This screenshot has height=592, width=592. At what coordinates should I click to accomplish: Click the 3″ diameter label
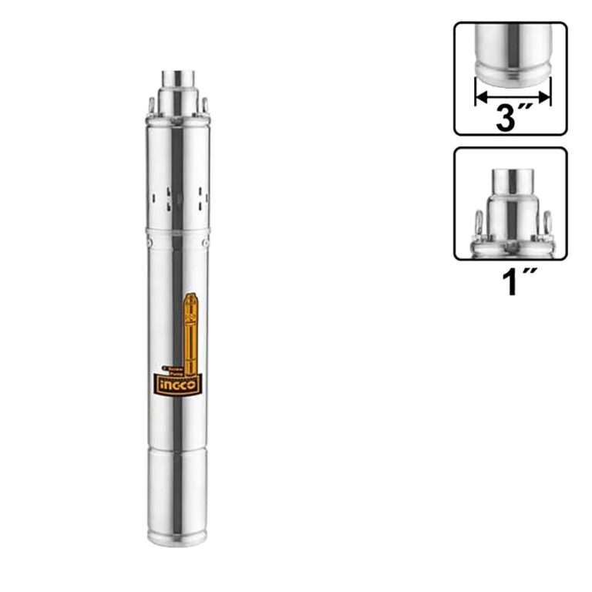512,119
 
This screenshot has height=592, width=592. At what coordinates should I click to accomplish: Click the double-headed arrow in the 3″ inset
513,97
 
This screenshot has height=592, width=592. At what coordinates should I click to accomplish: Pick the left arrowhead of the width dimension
479,97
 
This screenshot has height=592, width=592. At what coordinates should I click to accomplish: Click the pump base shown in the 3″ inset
512,66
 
